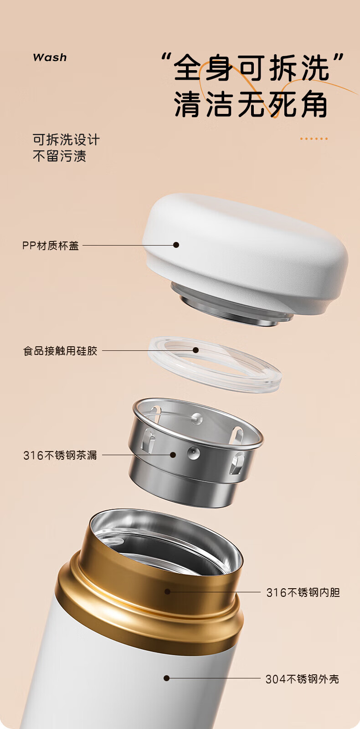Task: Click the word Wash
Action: point(50,57)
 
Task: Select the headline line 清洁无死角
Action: point(251,104)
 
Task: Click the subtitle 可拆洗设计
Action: point(66,139)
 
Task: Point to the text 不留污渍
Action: point(59,156)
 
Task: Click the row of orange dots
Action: point(314,139)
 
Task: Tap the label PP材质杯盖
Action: point(51,246)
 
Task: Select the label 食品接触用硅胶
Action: point(60,351)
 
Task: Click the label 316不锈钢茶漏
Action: point(60,455)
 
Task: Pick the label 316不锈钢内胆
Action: point(303,592)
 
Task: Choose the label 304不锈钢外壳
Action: point(303,679)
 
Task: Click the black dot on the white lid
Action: point(176,245)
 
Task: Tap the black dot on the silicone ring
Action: point(195,350)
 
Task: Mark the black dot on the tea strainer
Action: point(173,455)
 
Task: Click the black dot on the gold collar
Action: point(168,591)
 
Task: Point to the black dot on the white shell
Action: point(167,678)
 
